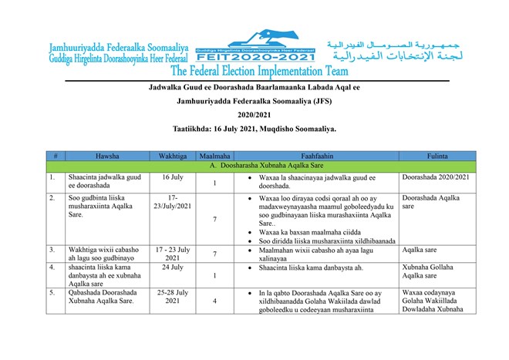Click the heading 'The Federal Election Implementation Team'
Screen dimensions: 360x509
click(x=254, y=72)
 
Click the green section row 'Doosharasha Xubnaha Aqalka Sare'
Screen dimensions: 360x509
click(x=254, y=166)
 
